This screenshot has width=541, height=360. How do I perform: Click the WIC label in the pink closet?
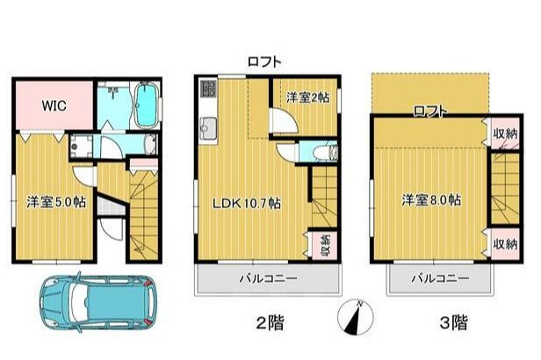coord(54,105)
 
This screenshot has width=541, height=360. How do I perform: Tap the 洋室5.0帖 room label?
coord(56,202)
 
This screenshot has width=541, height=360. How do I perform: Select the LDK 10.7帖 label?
coord(246,203)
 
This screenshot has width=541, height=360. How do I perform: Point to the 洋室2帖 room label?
coord(307,97)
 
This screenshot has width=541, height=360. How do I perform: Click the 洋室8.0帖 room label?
coord(431,200)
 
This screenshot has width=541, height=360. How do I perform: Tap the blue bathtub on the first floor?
coord(147,105)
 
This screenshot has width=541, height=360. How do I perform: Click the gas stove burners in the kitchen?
coord(207,89)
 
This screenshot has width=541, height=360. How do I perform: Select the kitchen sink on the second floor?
coord(208,128)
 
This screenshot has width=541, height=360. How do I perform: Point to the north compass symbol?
coord(356,317)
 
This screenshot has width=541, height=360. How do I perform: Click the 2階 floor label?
coord(270,323)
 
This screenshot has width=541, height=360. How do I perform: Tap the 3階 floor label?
coord(454,323)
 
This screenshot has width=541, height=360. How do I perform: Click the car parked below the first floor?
coord(98,302)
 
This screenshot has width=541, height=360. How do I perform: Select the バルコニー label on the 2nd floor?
coord(269,278)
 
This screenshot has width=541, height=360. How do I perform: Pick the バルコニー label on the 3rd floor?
coord(440,278)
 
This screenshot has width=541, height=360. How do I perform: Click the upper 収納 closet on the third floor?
coord(505,133)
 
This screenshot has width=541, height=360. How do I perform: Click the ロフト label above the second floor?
coord(264,61)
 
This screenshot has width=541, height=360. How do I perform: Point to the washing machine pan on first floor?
coord(81,147)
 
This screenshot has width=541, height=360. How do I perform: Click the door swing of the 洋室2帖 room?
coord(284,120)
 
